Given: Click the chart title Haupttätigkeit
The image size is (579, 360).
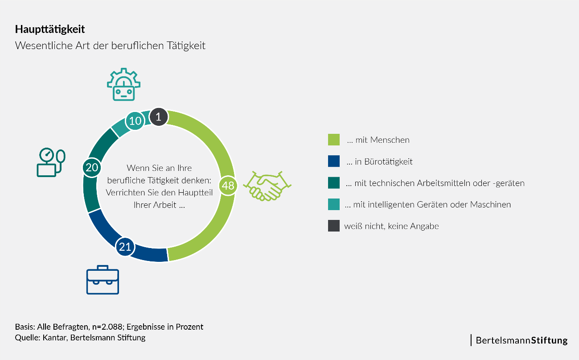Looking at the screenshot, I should click(50, 29).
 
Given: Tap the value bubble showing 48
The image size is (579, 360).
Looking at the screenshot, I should click(228, 185).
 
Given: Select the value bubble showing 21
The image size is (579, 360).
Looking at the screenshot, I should click(125, 247).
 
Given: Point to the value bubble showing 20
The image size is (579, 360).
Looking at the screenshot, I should click(92, 167).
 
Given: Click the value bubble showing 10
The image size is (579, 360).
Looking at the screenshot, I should click(135, 121).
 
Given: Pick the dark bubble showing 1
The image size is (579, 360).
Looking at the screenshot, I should click(159, 117).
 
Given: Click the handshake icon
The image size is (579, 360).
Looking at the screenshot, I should click(267, 184).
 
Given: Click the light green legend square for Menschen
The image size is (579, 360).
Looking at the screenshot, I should click(334, 140).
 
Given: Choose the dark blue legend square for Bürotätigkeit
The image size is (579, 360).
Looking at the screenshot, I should click(334, 161).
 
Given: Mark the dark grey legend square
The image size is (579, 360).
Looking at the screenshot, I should click(334, 226).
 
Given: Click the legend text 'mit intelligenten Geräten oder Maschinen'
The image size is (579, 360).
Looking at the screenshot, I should click(428, 205).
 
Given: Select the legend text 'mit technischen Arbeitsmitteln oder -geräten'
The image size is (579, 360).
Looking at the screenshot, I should click(435, 183).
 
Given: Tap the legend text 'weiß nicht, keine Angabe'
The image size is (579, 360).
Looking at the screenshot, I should click(391, 226).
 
